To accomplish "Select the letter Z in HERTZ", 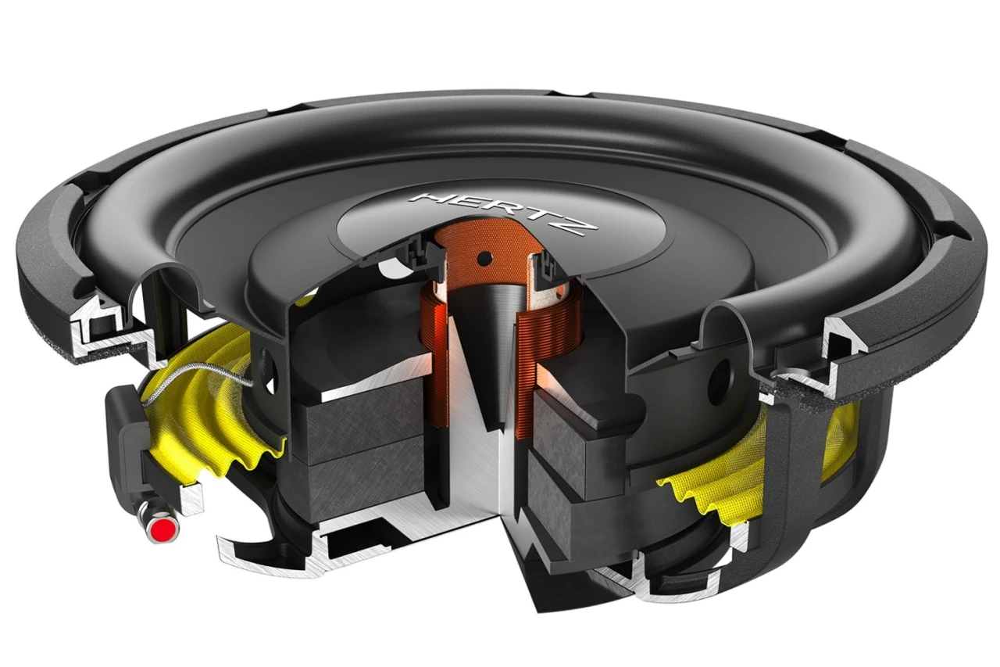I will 583,226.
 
